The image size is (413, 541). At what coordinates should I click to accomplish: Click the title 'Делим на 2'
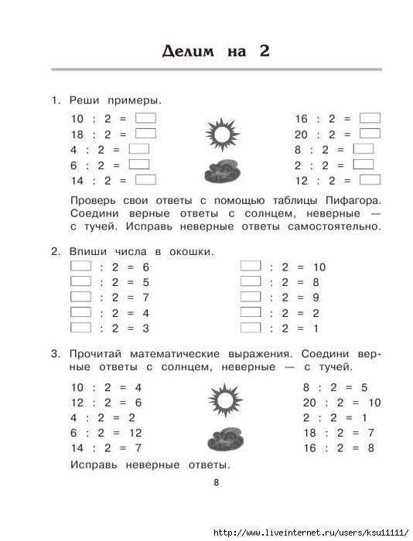click(x=216, y=52)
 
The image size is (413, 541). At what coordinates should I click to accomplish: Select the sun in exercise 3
click(x=225, y=400)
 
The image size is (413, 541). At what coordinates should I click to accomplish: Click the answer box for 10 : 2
click(x=145, y=118)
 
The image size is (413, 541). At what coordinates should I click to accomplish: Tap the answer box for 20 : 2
click(x=370, y=133)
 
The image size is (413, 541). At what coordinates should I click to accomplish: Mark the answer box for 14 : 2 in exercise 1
click(x=145, y=179)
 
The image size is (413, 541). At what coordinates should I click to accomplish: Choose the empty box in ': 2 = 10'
click(x=251, y=266)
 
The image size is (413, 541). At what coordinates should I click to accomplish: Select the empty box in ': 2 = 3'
click(x=81, y=327)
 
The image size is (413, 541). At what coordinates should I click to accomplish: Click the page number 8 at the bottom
click(x=217, y=484)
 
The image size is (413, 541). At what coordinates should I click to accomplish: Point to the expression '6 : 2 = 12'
click(x=106, y=433)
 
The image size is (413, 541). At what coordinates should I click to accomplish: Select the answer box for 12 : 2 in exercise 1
click(x=370, y=179)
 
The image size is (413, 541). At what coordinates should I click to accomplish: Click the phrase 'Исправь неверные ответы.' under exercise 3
click(x=150, y=465)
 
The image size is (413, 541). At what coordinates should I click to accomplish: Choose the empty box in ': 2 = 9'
click(x=251, y=297)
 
